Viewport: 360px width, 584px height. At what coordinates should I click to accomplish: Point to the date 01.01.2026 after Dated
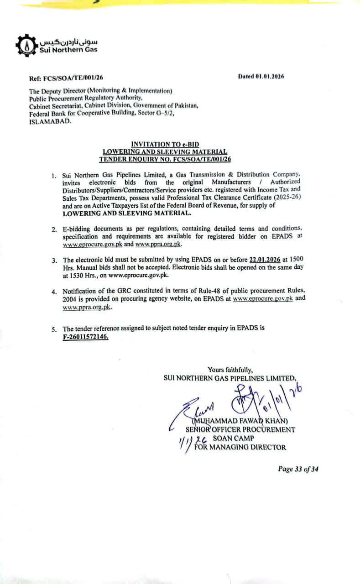tap(270, 77)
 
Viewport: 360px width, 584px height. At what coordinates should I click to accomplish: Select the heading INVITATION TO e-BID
tap(165, 145)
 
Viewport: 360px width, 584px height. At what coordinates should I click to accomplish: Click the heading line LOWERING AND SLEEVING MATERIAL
tap(165, 152)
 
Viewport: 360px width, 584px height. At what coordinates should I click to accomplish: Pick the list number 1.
tap(54, 176)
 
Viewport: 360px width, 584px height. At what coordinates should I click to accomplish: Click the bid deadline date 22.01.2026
tap(265, 260)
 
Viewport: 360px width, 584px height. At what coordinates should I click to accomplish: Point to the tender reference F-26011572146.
tap(86, 337)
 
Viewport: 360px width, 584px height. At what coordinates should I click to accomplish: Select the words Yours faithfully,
tap(230, 370)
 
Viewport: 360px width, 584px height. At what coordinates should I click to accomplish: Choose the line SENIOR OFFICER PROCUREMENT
tap(240, 429)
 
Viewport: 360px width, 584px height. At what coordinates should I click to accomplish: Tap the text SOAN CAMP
tap(234, 438)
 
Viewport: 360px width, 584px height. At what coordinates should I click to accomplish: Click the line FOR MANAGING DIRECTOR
tap(240, 447)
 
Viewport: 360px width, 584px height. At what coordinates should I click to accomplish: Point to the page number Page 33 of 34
tap(298, 469)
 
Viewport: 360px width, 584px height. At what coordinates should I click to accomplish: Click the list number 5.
tap(54, 329)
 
